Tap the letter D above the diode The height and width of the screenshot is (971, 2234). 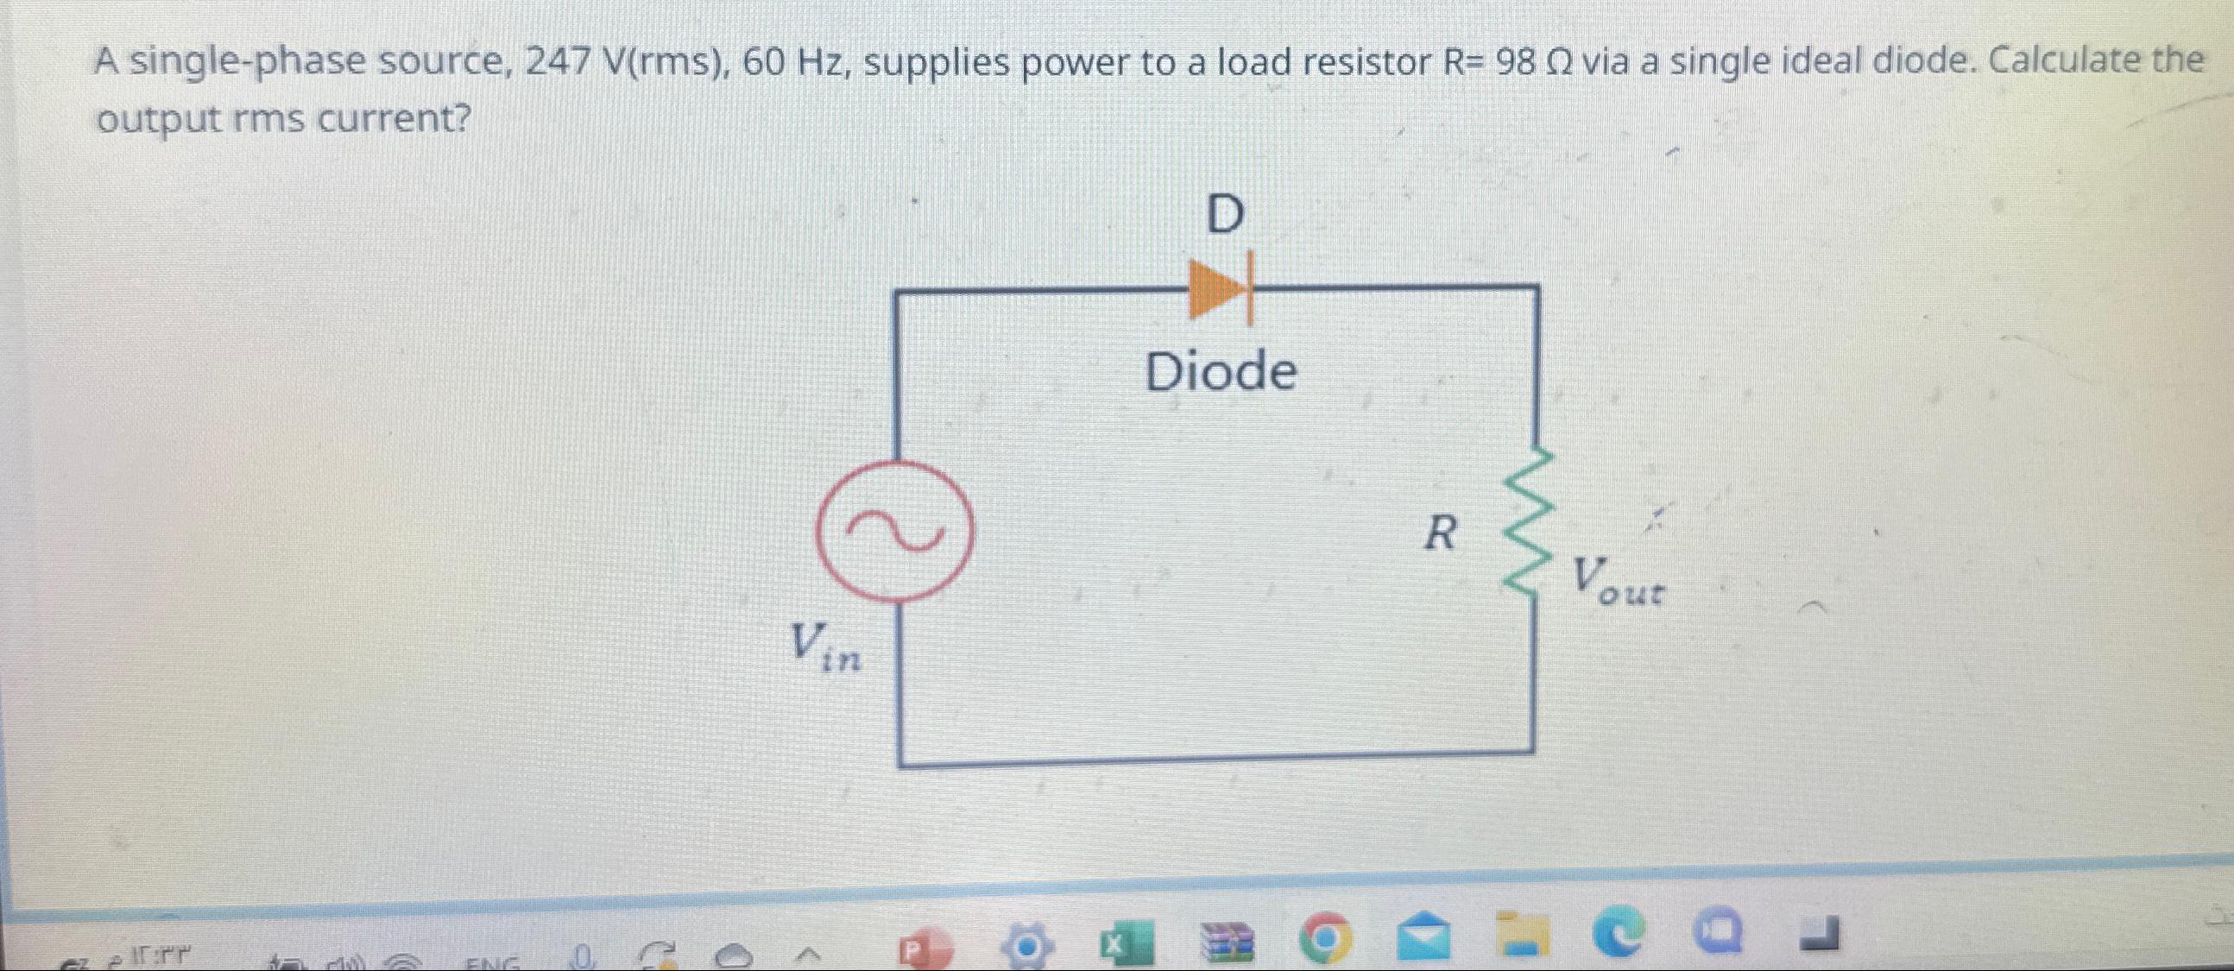tap(1225, 214)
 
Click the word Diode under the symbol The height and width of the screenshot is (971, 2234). tap(1221, 372)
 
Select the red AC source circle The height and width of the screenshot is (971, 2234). tap(896, 531)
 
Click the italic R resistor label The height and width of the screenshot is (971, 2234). tap(1441, 533)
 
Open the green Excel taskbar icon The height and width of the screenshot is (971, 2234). tap(1127, 944)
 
